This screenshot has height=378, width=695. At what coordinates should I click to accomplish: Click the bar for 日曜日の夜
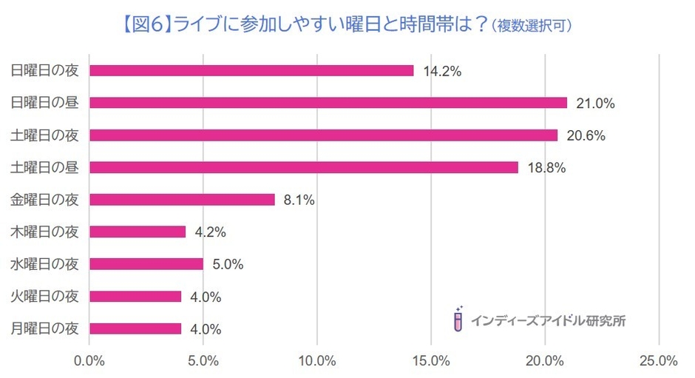point(251,71)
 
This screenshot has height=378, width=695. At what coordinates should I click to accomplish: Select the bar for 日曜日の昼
point(328,103)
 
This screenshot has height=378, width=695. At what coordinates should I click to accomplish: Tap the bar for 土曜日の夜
point(324,135)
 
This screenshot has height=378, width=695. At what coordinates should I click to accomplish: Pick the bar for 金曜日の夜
point(182,200)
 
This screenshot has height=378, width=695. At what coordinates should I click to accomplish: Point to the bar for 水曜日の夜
point(146,264)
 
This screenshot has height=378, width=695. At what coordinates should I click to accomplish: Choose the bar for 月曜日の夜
point(135,328)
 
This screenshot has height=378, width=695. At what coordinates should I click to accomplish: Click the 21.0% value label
point(596,104)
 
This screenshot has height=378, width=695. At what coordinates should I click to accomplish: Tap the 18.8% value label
point(546,168)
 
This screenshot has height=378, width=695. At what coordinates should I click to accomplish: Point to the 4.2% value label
point(210,232)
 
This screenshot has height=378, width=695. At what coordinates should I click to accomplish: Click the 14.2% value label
point(442,72)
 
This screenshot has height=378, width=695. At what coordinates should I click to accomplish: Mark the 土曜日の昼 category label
point(45,168)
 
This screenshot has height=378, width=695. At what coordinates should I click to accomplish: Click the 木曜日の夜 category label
point(45,232)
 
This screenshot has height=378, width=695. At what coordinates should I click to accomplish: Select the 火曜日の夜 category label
point(45,297)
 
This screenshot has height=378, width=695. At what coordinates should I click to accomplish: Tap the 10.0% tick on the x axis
point(317,361)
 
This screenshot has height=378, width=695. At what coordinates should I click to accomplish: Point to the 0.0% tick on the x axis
point(89,361)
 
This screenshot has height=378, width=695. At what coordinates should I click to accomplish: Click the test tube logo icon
point(458,318)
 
